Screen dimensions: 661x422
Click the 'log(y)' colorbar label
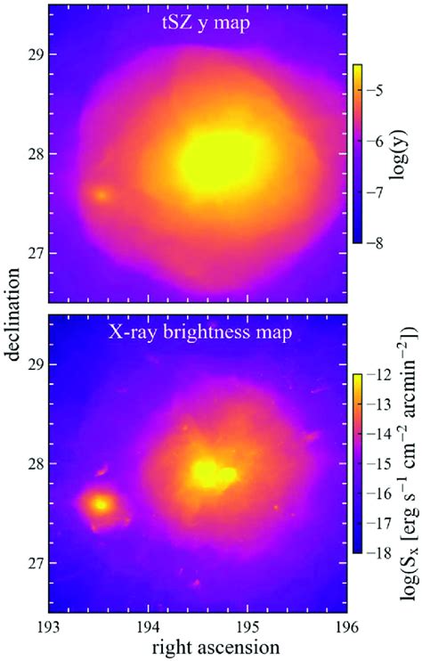pyautogui.click(x=405, y=153)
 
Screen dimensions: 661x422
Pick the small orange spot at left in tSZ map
pyautogui.click(x=101, y=193)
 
